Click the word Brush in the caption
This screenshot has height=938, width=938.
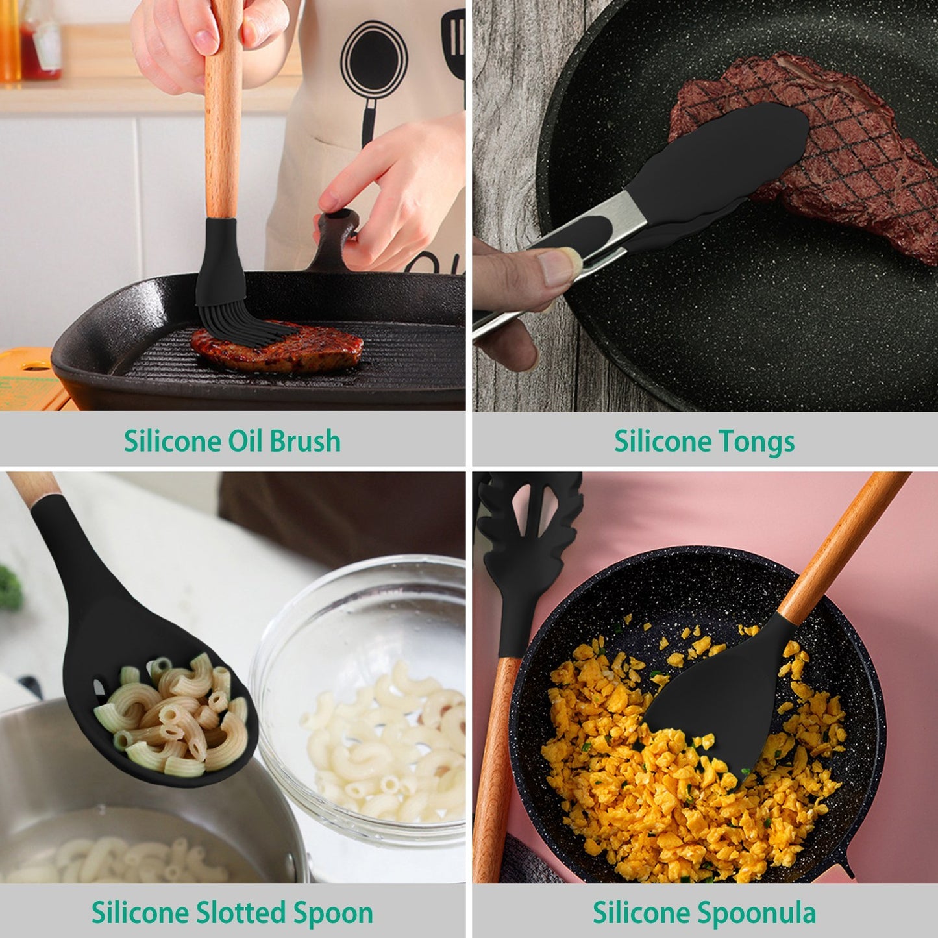(305, 441)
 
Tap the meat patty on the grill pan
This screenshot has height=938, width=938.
(279, 347)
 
